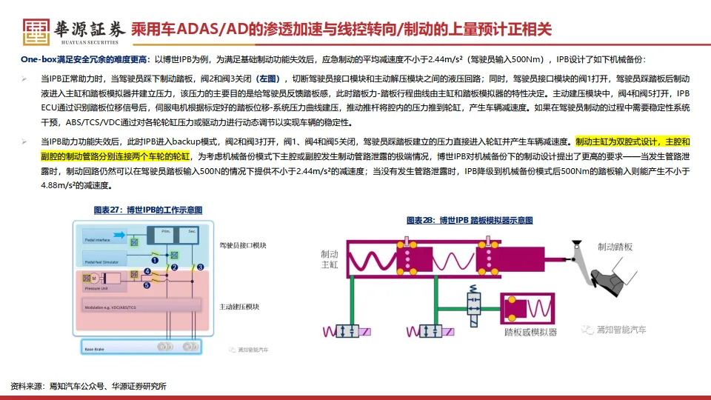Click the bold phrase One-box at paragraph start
click(39, 59)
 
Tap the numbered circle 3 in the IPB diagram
click(200, 267)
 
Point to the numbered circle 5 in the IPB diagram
click(147, 285)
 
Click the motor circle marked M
click(95, 276)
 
